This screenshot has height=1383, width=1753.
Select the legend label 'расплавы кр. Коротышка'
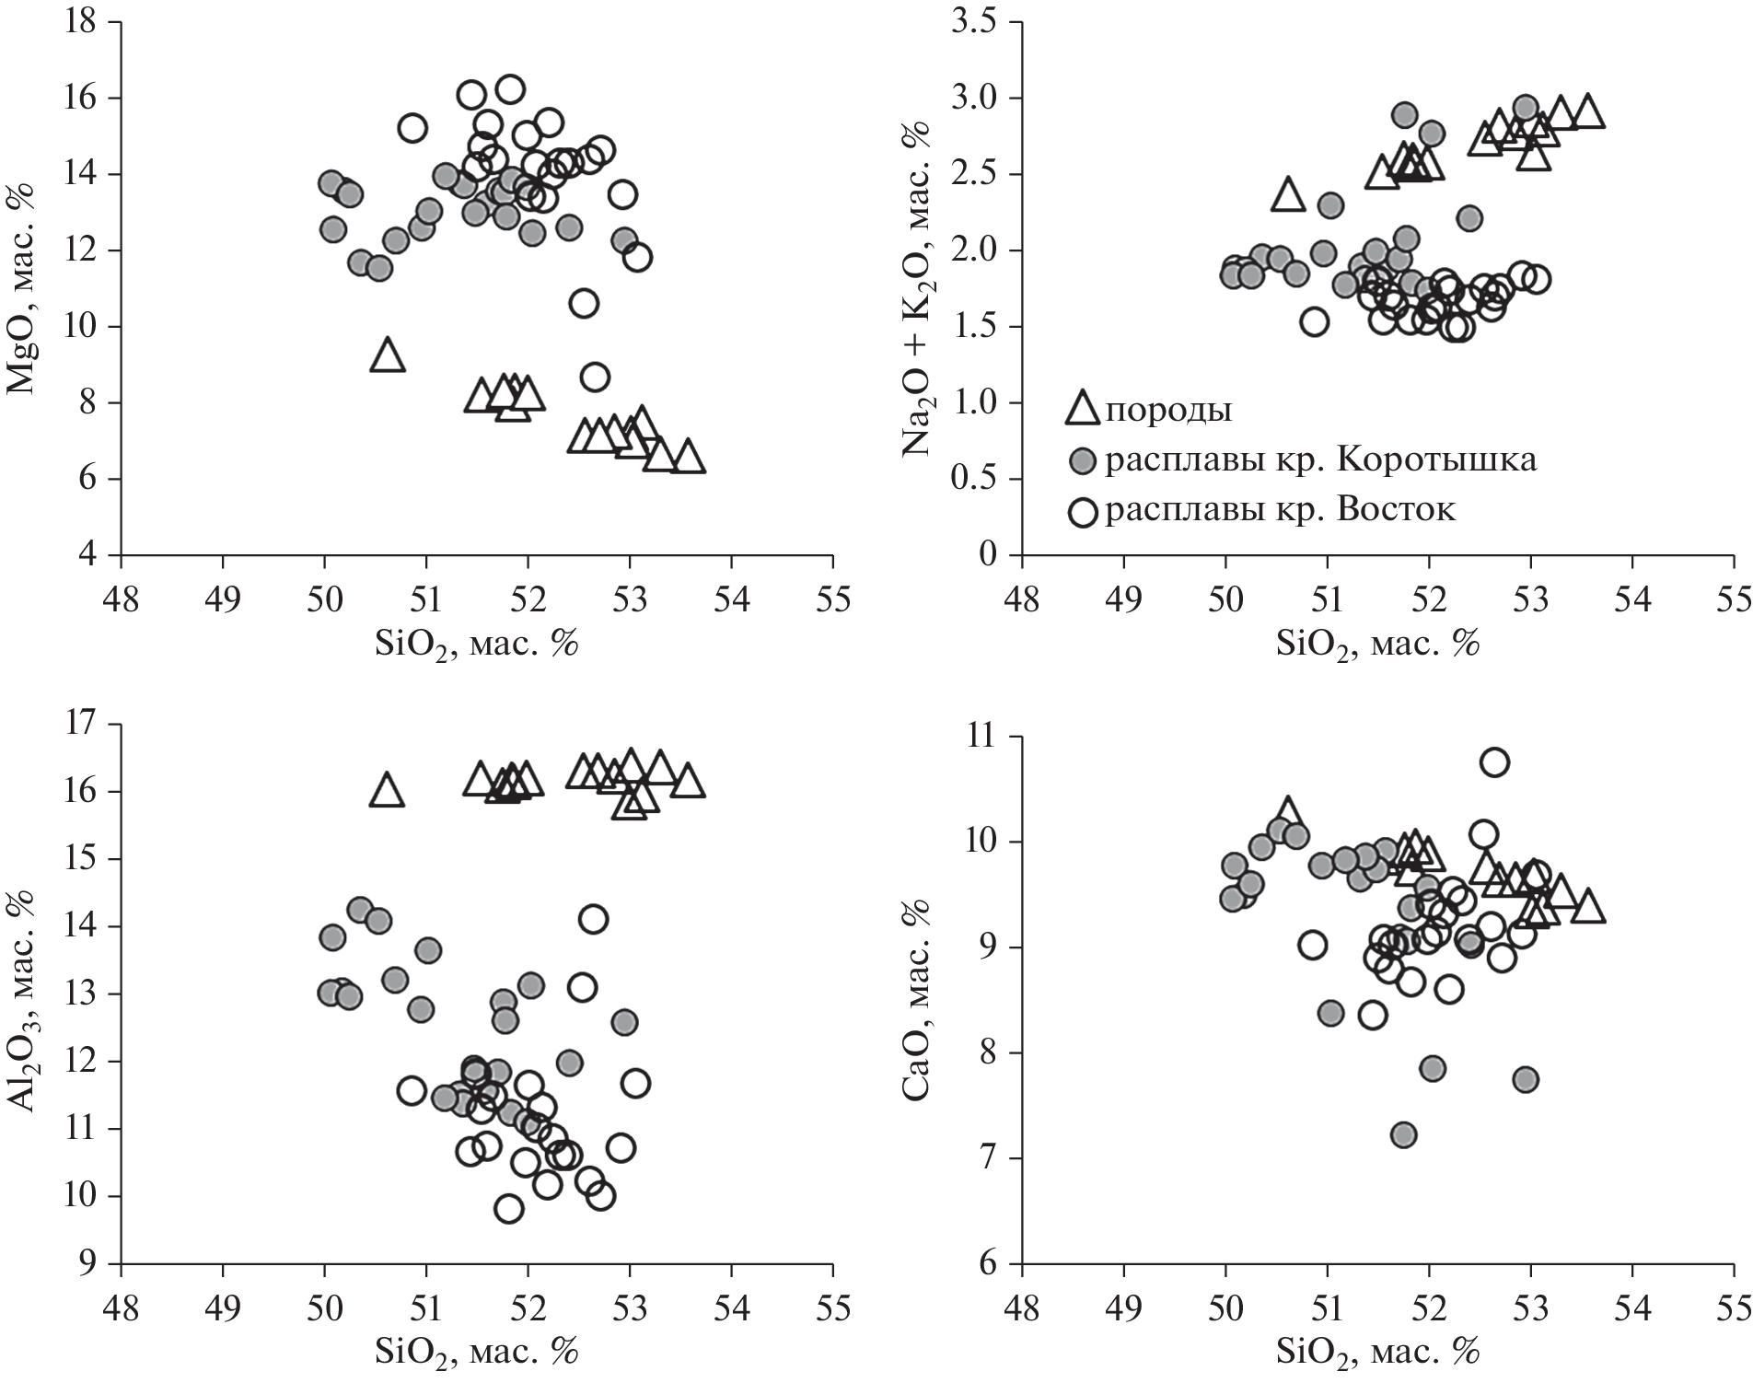[x=1320, y=459]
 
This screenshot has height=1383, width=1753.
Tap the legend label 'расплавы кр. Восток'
[x=1280, y=509]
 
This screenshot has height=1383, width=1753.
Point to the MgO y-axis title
[x=20, y=289]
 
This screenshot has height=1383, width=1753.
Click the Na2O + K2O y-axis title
[x=922, y=289]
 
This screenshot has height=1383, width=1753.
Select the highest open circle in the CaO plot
[x=1494, y=761]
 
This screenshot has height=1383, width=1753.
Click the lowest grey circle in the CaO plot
[x=1403, y=1134]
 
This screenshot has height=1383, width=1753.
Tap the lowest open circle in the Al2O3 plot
[x=508, y=1209]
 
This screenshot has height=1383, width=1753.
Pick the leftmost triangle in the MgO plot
[x=388, y=355]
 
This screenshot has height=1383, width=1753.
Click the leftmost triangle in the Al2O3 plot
[x=388, y=791]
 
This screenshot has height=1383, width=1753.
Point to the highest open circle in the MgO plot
[x=510, y=89]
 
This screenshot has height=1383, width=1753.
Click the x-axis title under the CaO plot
[x=1377, y=1351]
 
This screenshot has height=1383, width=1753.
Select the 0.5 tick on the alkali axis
[x=980, y=479]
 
